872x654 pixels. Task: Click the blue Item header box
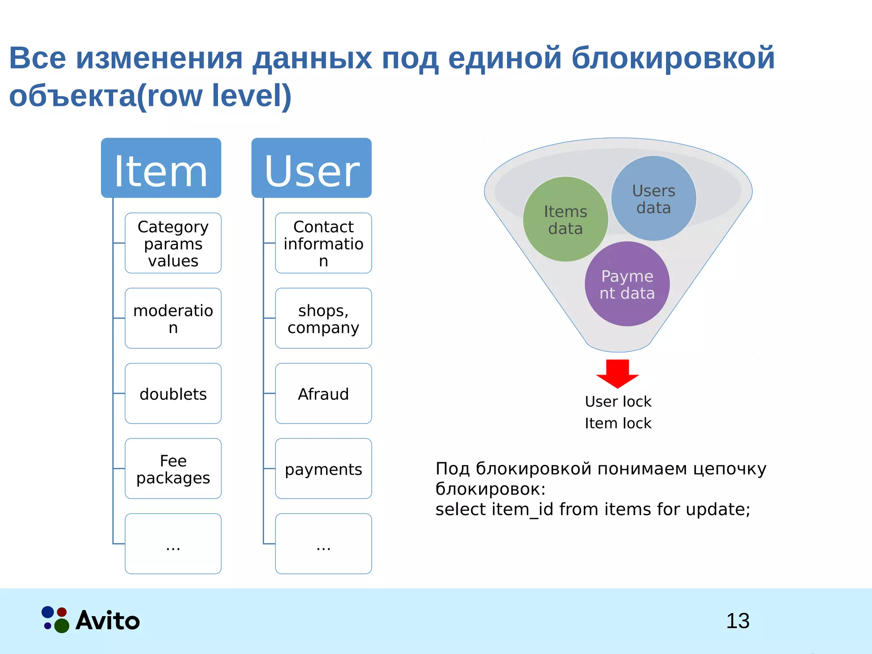[161, 168]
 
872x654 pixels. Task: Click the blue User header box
[311, 168]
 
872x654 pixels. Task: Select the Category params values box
[173, 243]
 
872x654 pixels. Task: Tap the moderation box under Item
[173, 318]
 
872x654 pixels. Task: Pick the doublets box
[173, 393]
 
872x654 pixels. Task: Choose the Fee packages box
[173, 468]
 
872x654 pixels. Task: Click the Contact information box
[323, 243]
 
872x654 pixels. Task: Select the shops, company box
[323, 318]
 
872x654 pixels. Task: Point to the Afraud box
[323, 393]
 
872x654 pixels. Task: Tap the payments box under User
[323, 468]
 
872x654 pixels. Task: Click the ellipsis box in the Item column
[173, 544]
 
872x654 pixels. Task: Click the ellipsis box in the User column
[323, 544]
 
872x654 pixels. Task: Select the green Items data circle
[565, 219]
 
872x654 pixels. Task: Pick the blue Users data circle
[654, 198]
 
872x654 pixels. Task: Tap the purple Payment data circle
[627, 284]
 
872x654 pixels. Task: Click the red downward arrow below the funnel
[617, 373]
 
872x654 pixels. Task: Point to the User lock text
[618, 402]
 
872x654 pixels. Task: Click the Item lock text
[618, 423]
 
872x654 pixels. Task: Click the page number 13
[737, 621]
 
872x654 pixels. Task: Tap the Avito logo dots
[55, 620]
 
